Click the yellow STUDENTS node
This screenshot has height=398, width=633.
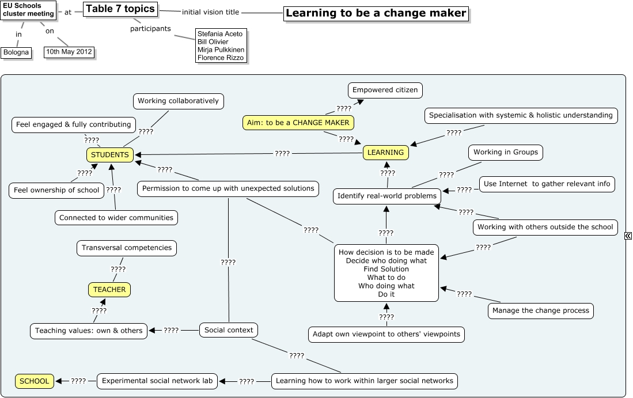point(110,154)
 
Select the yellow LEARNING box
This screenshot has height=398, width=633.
point(385,153)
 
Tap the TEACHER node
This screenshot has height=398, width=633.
point(109,289)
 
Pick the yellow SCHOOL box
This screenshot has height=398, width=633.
point(35,381)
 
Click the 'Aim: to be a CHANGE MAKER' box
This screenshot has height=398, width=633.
point(298,123)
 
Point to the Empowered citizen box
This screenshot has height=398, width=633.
point(385,90)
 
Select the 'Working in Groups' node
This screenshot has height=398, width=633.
point(506,152)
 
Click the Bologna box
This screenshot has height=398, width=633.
point(16,52)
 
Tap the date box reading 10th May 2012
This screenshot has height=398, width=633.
point(69,52)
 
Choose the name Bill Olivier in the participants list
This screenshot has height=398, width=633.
point(213,42)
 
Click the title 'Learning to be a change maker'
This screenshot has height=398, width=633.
point(376,13)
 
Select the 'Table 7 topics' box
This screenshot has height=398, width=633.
point(120,9)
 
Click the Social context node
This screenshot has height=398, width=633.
point(229,330)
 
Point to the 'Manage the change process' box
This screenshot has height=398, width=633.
point(540,311)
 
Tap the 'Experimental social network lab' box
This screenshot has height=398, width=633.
point(157,381)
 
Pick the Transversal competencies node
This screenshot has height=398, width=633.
point(126,248)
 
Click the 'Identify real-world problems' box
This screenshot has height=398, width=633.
point(386,196)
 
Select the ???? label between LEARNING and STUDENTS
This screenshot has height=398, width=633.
point(282,154)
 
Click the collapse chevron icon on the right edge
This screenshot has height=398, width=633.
point(628,236)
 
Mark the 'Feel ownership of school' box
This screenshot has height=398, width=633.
point(56,191)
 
